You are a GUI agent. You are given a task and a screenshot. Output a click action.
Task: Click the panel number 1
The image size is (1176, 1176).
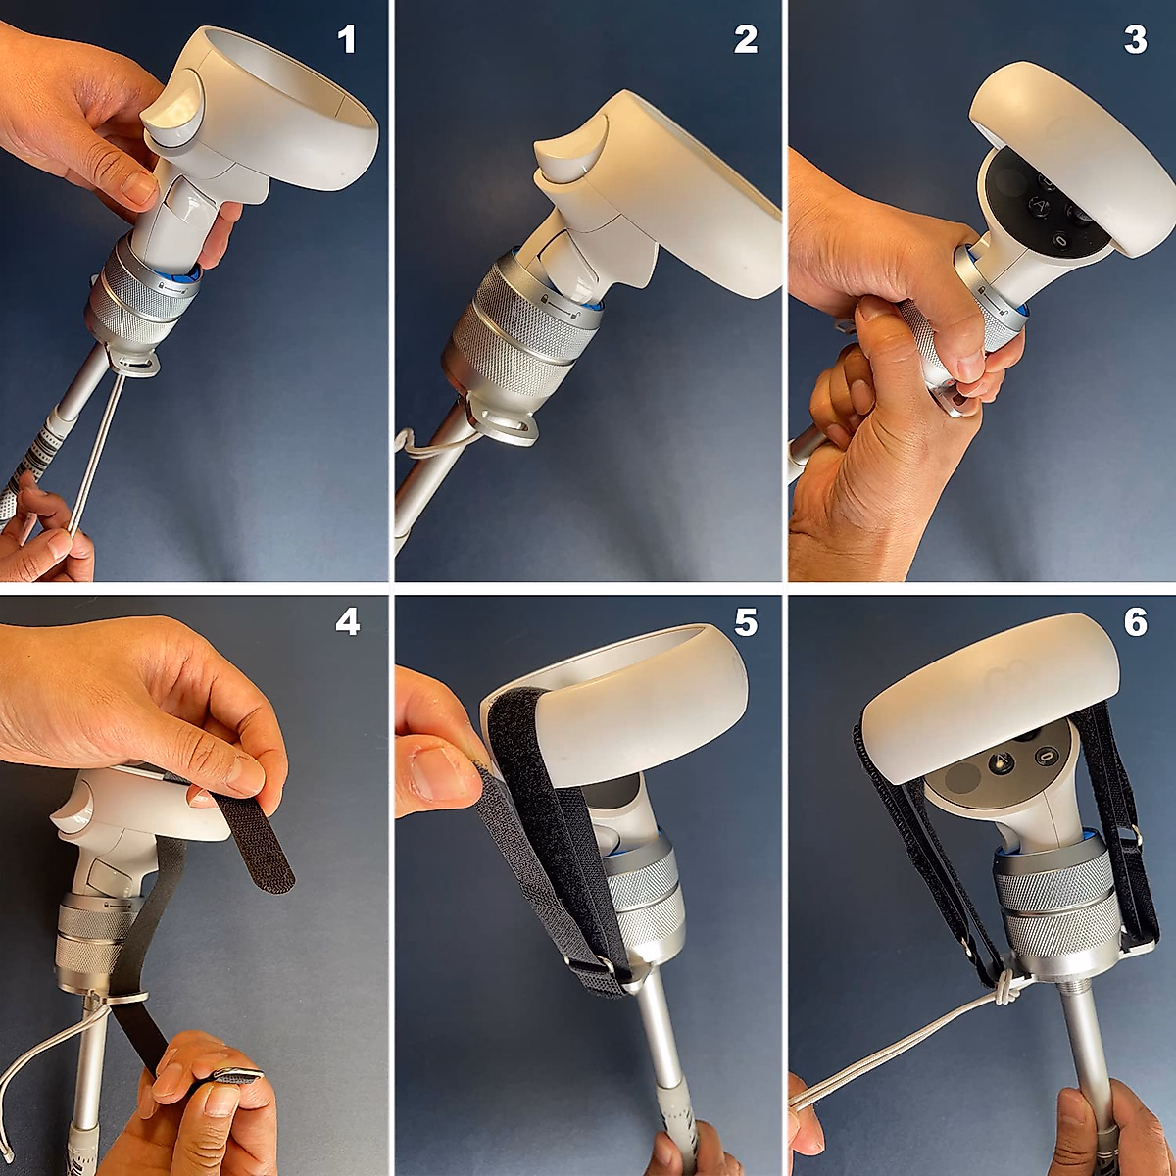coord(347,40)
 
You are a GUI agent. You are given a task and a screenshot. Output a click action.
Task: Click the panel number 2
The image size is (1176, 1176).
coord(746,40)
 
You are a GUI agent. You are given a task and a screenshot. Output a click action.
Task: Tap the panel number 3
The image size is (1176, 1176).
coord(1135,40)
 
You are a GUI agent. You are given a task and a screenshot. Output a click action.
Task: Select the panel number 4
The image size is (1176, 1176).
coord(347,622)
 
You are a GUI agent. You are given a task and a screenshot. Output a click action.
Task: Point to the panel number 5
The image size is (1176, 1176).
coord(746,622)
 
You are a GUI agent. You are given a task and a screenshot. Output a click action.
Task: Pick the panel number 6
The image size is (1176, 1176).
coord(1135,622)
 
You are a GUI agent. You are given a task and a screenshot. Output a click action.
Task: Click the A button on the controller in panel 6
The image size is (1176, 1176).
coord(999,760)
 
